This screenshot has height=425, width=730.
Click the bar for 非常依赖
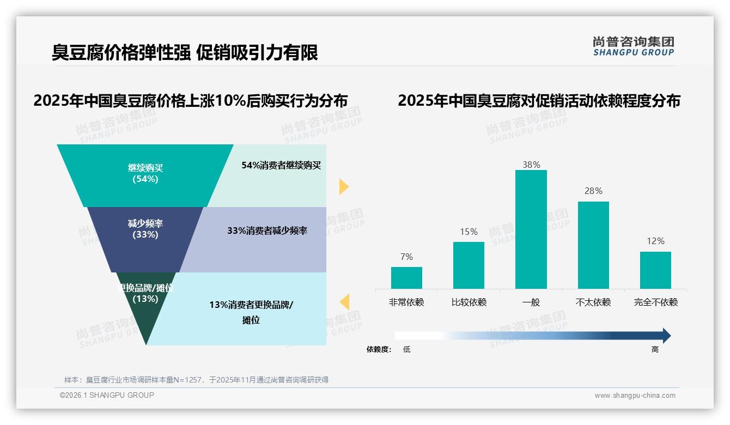(406, 278)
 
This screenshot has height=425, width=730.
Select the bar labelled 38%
(531, 229)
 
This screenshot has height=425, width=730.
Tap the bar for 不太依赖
(593, 245)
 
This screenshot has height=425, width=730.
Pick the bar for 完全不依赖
(655, 270)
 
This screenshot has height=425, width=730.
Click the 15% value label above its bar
(469, 232)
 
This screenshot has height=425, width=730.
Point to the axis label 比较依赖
(469, 302)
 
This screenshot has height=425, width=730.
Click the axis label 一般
(531, 302)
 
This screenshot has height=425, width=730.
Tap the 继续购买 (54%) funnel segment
(145, 174)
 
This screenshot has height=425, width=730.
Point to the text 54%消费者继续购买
(281, 166)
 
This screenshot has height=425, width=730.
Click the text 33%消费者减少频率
(267, 231)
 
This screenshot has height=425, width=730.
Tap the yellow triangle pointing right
(343, 186)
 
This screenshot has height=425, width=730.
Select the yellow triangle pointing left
(344, 302)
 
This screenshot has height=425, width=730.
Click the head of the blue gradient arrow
(666, 336)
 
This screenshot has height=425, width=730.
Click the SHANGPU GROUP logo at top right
(633, 46)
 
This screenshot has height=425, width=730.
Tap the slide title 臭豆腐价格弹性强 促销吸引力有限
(185, 52)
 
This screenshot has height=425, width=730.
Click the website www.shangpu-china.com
(635, 396)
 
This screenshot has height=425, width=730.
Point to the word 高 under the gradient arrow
(655, 350)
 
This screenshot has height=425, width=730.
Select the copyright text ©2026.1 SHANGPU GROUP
(107, 395)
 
